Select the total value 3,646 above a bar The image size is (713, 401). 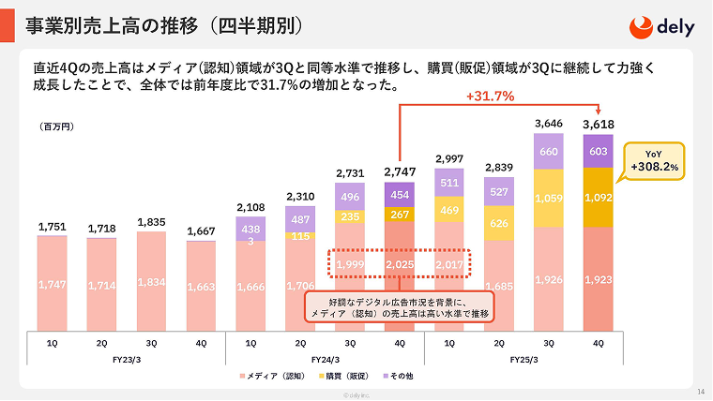(x=549, y=124)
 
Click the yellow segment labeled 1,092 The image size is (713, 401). (x=598, y=198)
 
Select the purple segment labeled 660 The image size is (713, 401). (x=549, y=152)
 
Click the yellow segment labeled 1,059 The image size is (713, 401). (x=549, y=199)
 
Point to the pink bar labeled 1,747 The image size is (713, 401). (x=53, y=284)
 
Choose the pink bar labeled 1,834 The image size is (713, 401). (x=151, y=282)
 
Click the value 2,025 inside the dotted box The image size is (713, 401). (x=400, y=264)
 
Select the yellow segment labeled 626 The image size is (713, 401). (x=499, y=224)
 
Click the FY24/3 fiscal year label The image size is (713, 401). (x=325, y=358)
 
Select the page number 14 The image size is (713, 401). (x=702, y=391)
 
